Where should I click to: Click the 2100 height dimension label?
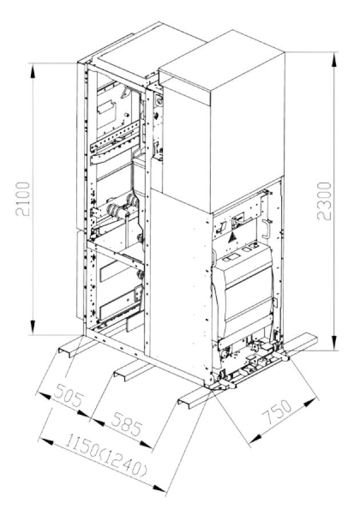23,198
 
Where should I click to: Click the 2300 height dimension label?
324,201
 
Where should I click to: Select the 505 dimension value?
69,395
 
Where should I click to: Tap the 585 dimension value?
127,424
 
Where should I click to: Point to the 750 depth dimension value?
277,412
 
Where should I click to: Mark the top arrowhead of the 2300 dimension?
334,60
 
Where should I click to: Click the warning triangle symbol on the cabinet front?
232,238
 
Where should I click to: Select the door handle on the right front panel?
267,229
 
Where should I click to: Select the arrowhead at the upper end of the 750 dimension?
310,403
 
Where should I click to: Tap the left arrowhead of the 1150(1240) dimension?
46,442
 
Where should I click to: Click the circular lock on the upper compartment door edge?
159,101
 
